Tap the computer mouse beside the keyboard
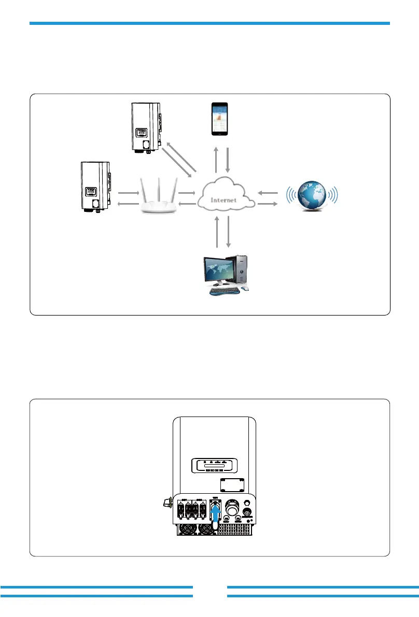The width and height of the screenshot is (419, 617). click(245, 288)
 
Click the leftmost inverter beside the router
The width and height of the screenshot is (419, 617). click(95, 186)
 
